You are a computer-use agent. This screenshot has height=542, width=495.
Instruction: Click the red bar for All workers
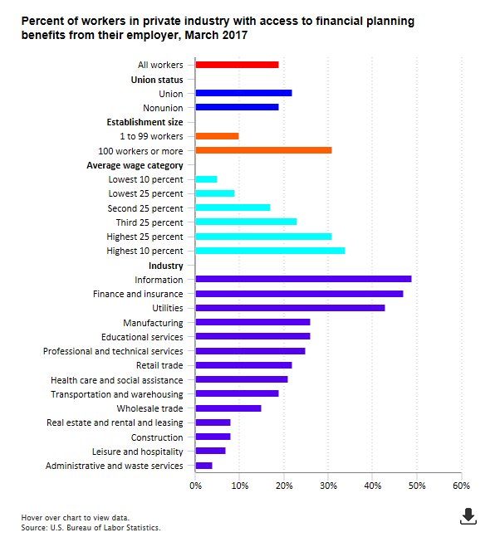click(237, 65)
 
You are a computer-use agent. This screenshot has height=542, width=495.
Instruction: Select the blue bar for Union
click(243, 93)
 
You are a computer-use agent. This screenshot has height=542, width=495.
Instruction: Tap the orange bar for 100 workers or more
click(263, 150)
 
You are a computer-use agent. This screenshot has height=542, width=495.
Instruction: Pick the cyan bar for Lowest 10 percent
click(206, 179)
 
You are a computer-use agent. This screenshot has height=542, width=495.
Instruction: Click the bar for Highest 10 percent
click(270, 251)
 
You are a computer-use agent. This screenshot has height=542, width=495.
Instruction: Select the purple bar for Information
click(303, 279)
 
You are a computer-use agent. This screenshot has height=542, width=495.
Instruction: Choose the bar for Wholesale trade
click(228, 408)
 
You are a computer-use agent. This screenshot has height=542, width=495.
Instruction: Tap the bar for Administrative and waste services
click(203, 466)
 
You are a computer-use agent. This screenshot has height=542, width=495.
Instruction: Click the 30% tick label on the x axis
click(328, 486)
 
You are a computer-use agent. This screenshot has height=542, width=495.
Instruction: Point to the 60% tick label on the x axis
click(461, 486)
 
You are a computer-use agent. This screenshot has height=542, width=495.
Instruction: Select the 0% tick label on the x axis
click(195, 486)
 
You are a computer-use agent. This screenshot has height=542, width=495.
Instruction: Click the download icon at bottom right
click(468, 516)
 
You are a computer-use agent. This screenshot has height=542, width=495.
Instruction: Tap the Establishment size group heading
click(145, 122)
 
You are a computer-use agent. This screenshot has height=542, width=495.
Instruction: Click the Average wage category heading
click(135, 165)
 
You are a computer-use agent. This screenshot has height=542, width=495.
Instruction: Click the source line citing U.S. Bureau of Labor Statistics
click(91, 527)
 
